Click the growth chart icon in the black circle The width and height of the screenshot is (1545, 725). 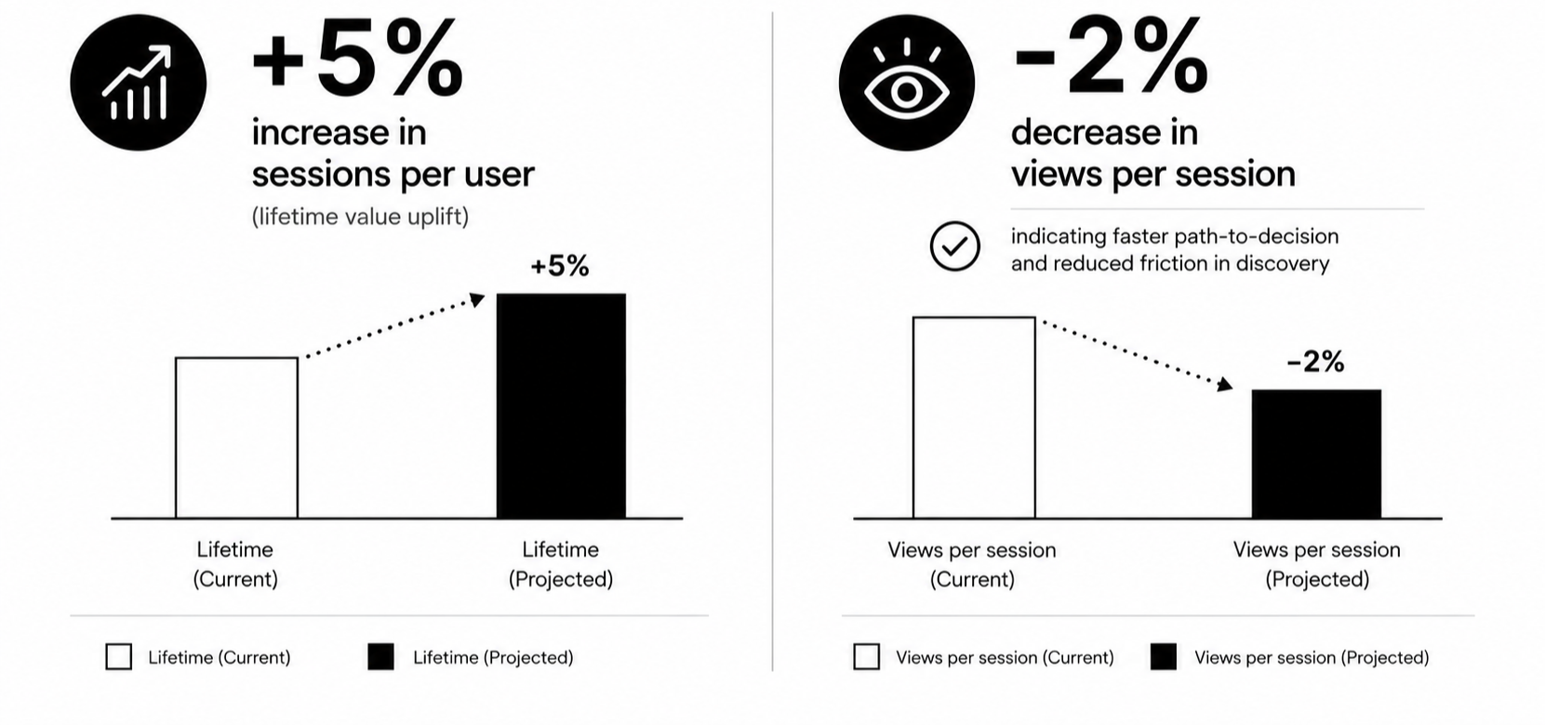[138, 83]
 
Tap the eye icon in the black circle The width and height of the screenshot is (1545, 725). [906, 83]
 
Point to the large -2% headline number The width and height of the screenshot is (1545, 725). [1112, 58]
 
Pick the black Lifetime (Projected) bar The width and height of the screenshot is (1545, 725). [562, 406]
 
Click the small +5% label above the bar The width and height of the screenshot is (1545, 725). [560, 266]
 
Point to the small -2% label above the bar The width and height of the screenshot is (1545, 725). [1316, 362]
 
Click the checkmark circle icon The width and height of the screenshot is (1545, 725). [954, 246]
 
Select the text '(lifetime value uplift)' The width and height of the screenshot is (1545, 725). [360, 217]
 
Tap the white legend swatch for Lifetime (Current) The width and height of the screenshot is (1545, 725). [119, 657]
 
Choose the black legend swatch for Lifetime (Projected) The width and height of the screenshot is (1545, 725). [380, 657]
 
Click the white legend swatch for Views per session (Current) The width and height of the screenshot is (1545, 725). [866, 657]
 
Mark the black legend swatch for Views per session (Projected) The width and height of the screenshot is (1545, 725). [1163, 657]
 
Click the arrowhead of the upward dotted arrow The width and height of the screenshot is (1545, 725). [476, 300]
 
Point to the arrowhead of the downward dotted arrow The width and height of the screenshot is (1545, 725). [1225, 385]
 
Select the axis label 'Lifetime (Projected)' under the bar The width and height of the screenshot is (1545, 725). [561, 564]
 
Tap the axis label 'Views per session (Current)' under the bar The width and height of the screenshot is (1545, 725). [972, 564]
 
